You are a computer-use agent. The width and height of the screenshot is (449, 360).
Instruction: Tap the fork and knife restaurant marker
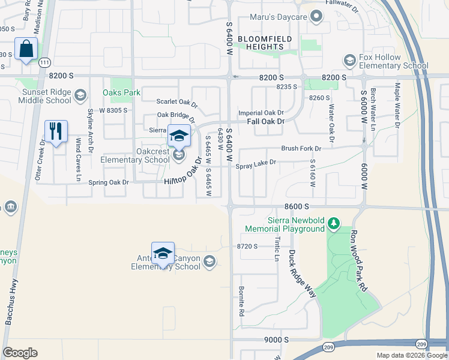click(56, 131)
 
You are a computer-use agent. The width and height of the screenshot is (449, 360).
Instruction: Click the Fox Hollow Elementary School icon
click(349, 61)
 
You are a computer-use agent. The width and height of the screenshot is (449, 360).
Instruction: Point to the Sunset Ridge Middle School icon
click(80, 94)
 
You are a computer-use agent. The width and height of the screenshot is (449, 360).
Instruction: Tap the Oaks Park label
click(121, 92)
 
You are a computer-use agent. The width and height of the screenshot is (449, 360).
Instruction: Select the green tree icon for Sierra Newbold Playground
click(334, 224)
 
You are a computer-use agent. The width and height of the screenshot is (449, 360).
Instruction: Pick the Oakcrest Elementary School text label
click(135, 155)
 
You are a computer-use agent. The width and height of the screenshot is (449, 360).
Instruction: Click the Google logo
click(20, 353)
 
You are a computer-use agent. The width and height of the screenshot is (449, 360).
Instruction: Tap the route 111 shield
click(44, 62)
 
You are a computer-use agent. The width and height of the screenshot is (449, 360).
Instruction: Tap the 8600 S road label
click(297, 206)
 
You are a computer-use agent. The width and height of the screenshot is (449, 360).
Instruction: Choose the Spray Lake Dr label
click(256, 162)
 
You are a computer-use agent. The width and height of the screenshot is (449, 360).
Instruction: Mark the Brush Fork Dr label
click(301, 148)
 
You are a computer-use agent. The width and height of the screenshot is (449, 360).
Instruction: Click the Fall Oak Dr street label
click(265, 121)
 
